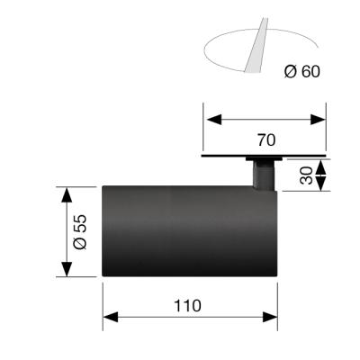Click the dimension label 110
187,306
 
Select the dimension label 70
266,140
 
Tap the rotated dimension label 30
306,175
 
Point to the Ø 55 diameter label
80,232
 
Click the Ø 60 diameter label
302,72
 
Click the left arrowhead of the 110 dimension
111,317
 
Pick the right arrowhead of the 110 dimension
270,317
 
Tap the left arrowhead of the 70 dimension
214,120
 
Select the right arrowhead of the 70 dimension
318,120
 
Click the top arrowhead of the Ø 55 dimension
67,194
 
